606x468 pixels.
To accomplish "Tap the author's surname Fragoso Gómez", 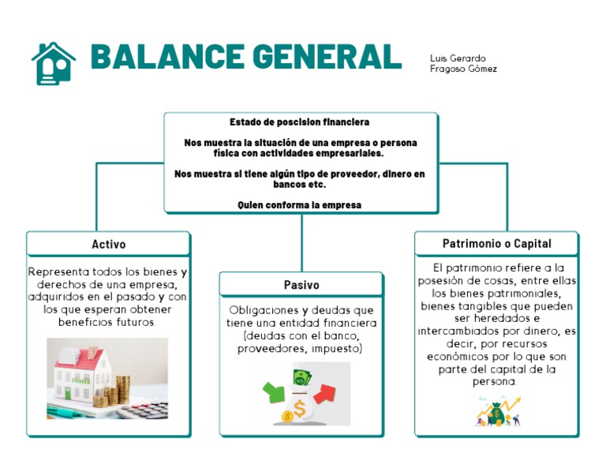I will pos(463,69).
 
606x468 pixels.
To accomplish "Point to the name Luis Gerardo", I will pos(458,58).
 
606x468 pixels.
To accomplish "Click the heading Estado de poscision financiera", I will pos(300,123).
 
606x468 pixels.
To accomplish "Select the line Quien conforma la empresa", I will pos(300,205).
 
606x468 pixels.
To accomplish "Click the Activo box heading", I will pos(109,244).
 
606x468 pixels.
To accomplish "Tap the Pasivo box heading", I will pos(301,285).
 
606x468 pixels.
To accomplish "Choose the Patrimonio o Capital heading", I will pos(496,243).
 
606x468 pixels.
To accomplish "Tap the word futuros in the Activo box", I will pos(133,323).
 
